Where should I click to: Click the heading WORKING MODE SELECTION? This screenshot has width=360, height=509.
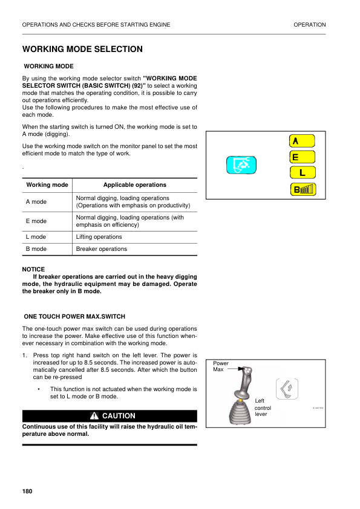click(82, 49)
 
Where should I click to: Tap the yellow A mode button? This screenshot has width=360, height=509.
click(302, 141)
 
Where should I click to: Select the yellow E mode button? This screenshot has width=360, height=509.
click(302, 157)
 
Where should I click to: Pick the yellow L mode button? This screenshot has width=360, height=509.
click(302, 173)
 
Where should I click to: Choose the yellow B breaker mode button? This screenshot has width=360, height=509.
click(302, 189)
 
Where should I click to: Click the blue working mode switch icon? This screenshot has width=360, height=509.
click(241, 164)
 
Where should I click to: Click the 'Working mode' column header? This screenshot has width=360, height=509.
click(47, 185)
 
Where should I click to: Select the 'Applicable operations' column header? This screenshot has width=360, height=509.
click(134, 185)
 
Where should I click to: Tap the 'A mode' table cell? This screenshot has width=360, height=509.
click(36, 202)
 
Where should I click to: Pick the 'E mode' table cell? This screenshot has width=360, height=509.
click(36, 221)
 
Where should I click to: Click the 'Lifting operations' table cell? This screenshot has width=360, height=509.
click(99, 237)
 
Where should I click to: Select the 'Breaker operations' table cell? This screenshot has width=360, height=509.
click(102, 249)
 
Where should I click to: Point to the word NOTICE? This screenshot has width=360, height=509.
click(33, 270)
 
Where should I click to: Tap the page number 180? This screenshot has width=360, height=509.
click(27, 491)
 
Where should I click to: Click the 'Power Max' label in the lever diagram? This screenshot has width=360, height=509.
click(220, 366)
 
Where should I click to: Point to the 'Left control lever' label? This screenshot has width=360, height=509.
click(263, 407)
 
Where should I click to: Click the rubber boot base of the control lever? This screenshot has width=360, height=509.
click(240, 413)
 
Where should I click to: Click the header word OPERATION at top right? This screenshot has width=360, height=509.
click(309, 25)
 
